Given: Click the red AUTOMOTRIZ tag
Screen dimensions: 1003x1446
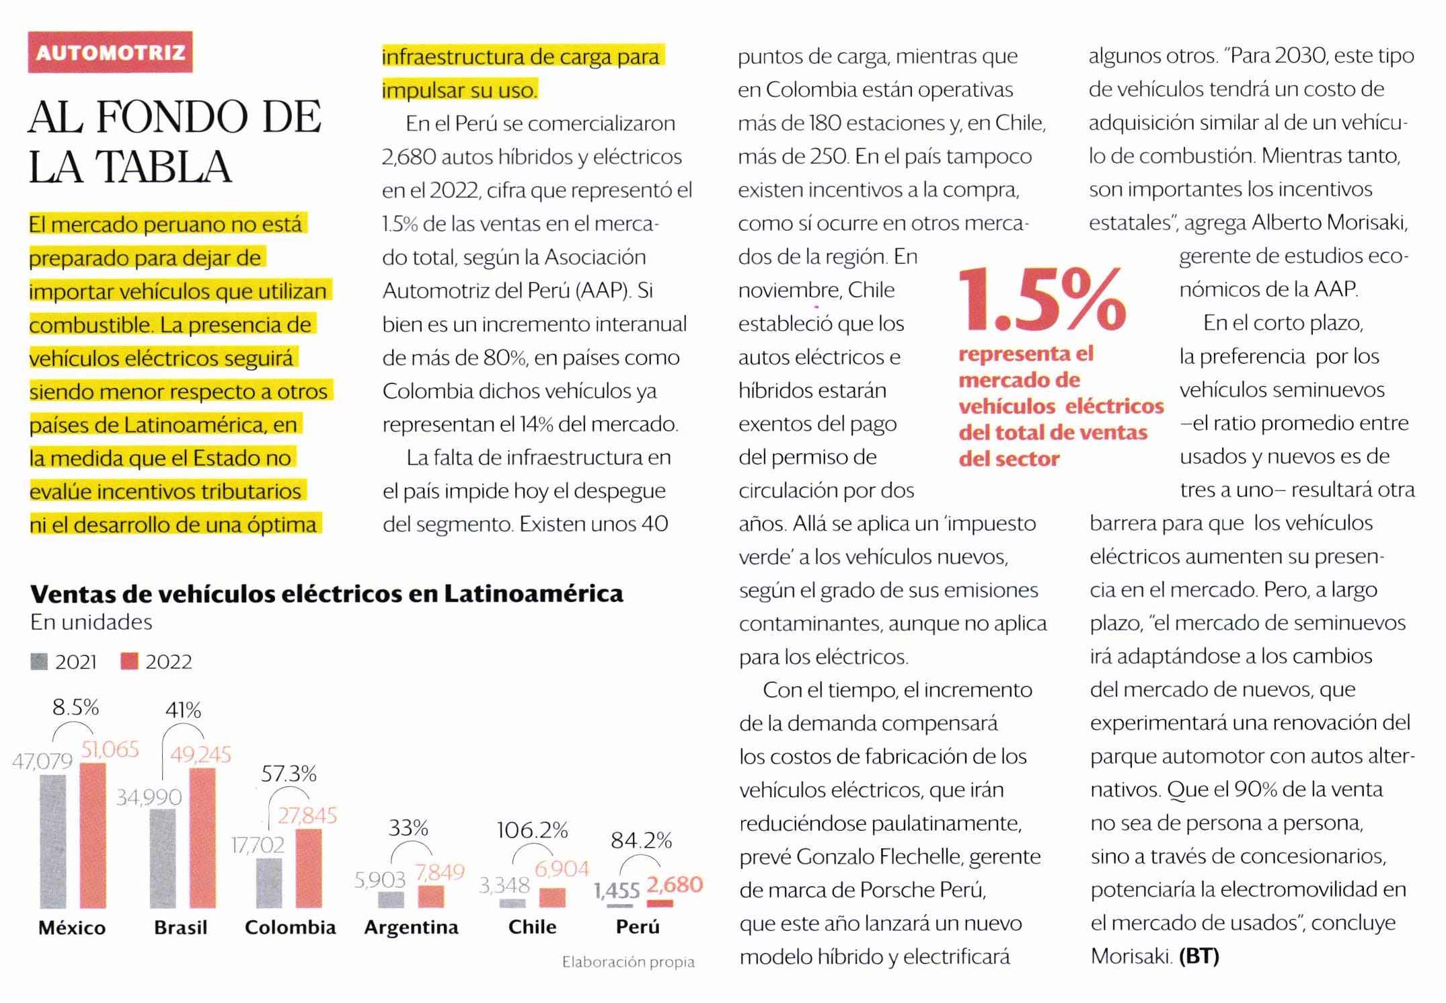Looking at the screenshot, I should [x=110, y=52].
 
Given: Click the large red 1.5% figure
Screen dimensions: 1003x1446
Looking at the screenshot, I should [x=1042, y=301].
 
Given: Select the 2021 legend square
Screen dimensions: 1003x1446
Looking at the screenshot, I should [x=39, y=662].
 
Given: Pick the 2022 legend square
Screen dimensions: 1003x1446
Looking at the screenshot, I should [x=129, y=662].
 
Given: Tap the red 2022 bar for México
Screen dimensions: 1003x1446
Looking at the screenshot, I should [x=93, y=835].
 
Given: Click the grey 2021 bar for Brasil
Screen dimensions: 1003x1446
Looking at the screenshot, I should [x=163, y=858].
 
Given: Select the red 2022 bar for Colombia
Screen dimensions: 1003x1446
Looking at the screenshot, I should [x=309, y=868].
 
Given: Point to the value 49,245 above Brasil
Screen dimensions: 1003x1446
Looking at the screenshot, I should [x=200, y=755].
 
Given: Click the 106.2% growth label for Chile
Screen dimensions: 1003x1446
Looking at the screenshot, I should [x=532, y=831].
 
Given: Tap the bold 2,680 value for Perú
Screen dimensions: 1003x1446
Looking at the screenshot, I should [x=675, y=885].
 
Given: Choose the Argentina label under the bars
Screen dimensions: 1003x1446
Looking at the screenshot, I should [x=411, y=928].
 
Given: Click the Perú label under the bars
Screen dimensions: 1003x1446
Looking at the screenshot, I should [x=638, y=927].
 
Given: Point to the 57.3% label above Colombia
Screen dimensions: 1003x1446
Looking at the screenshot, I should [x=289, y=774].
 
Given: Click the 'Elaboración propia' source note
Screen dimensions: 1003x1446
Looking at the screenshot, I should [x=628, y=963].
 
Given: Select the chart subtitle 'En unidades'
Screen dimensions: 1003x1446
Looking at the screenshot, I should [x=91, y=622].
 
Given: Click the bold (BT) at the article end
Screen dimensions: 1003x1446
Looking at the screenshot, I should [x=1199, y=956].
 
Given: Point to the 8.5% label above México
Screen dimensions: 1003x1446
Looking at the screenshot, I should [x=75, y=707].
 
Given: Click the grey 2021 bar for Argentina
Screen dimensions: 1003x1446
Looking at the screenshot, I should [x=391, y=900].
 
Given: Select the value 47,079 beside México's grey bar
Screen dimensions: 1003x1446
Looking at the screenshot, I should [x=42, y=761].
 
